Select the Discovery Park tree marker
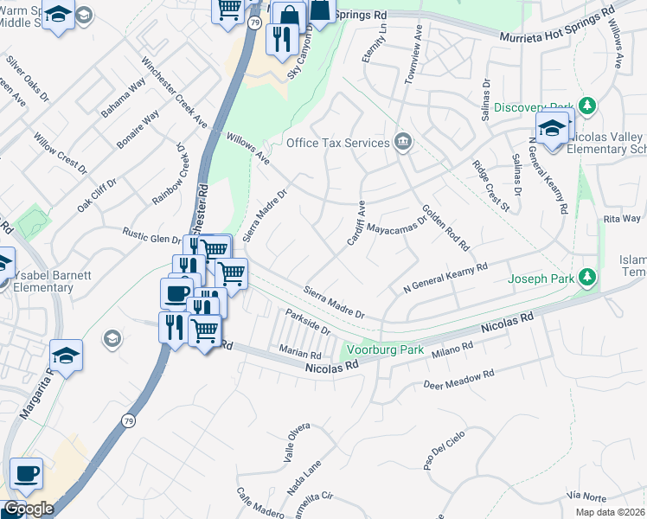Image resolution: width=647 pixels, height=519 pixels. [587, 106]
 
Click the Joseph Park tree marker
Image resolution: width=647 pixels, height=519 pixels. [587, 278]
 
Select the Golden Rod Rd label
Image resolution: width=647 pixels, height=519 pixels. [445, 227]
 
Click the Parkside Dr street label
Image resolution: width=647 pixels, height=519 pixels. [308, 324]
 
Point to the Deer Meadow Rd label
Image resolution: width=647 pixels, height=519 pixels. [458, 379]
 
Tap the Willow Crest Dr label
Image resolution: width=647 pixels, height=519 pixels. [61, 153]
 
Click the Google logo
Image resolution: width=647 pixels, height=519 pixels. [29, 509]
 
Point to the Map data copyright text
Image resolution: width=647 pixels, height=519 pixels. [610, 512]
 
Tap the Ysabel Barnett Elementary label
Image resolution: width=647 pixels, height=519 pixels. [54, 282]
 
